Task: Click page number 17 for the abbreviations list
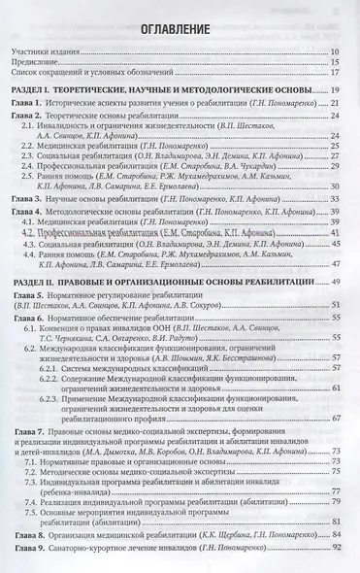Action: tap(332, 72)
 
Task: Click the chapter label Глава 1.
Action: tap(37, 102)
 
